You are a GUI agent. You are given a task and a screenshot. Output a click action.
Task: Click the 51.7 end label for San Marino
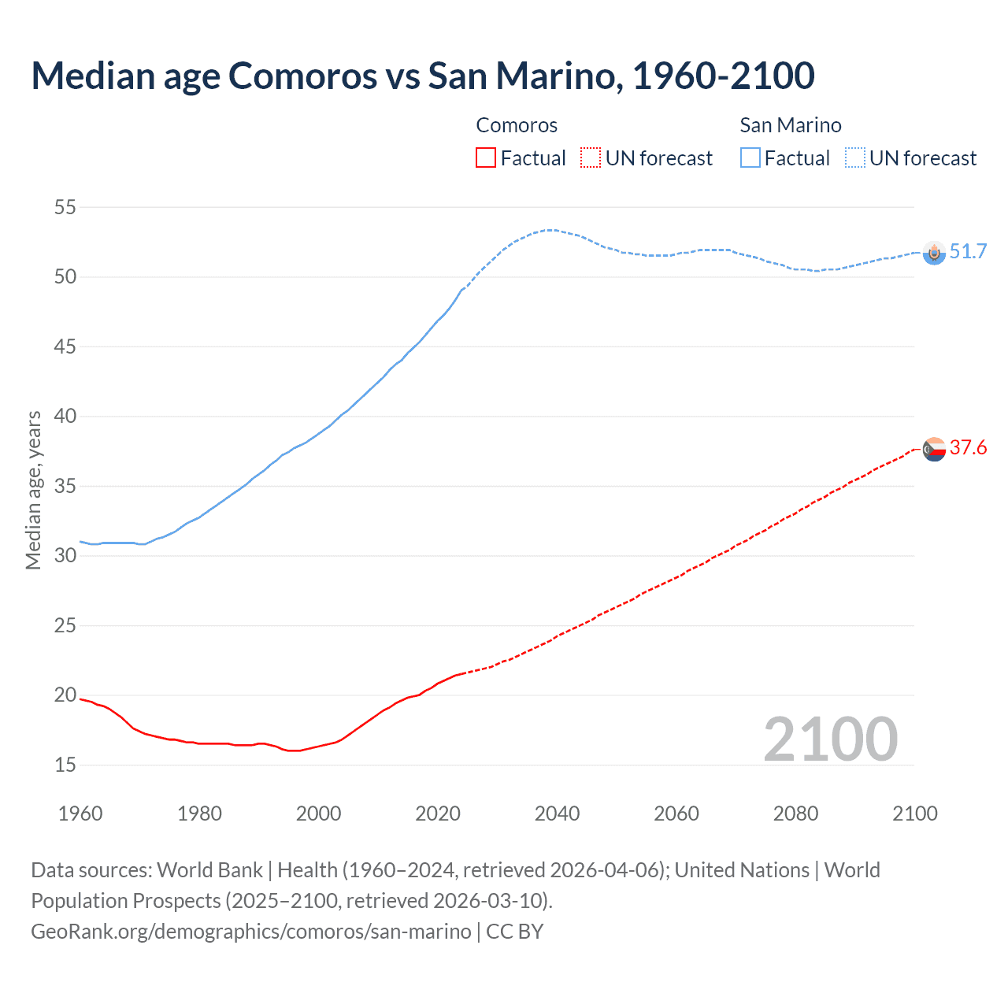968,251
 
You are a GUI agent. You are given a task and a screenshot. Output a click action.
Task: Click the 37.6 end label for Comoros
968,448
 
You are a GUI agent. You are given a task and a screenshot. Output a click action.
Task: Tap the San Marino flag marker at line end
934,253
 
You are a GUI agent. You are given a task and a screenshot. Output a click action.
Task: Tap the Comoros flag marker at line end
934,450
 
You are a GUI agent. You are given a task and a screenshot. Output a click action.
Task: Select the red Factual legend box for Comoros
486,158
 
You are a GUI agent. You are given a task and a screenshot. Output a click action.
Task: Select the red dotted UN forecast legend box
591,158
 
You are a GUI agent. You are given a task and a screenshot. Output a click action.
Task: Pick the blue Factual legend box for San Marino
750,158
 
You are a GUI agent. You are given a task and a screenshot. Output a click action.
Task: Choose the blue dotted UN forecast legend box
854,158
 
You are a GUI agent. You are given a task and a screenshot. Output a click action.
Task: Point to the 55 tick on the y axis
65,208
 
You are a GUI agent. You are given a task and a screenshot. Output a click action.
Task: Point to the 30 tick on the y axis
65,556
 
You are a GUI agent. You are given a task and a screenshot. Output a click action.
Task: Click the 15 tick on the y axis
65,765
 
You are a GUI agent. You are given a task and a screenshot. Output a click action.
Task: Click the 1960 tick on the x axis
80,813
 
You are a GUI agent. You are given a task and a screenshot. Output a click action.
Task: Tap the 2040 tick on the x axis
557,813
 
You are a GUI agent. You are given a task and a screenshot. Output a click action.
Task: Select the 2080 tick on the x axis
795,813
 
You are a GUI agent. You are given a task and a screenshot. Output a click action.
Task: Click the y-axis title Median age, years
33,490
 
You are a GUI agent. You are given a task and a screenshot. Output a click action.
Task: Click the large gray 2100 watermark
830,739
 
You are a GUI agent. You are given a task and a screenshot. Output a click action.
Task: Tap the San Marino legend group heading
791,125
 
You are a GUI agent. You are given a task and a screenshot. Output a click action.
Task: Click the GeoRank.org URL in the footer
250,931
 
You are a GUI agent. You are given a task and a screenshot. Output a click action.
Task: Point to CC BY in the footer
515,931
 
